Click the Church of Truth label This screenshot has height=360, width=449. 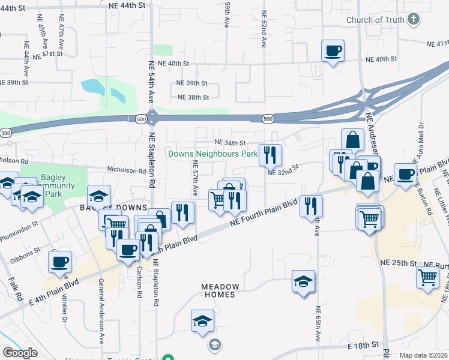point(375,20)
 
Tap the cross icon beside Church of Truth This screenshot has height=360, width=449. point(413,20)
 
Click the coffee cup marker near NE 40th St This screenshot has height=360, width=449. point(333,50)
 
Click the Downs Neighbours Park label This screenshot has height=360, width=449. point(212,154)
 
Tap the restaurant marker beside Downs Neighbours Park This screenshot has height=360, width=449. point(270,155)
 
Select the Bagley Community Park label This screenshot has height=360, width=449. point(58,185)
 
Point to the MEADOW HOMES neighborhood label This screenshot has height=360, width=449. point(220,291)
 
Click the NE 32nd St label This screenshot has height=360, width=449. point(283,172)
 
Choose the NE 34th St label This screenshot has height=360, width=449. point(231,143)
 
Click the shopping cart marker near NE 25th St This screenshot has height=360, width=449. point(428,277)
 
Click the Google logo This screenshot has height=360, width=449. point(20,353)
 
